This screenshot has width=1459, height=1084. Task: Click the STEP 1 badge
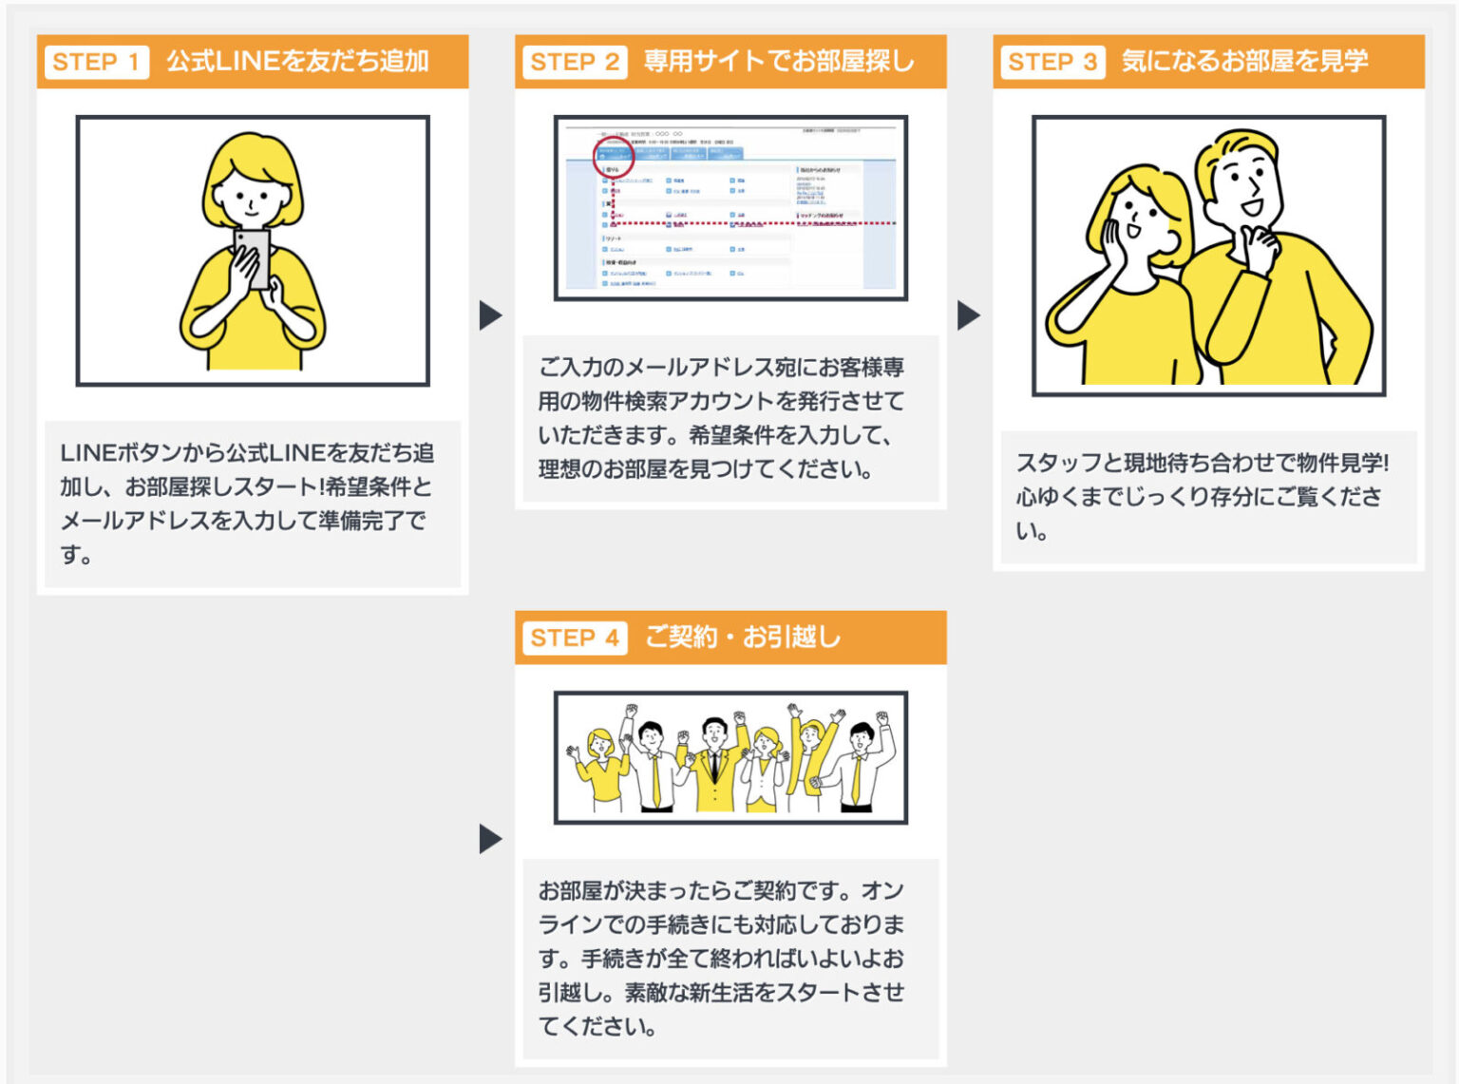[96, 63]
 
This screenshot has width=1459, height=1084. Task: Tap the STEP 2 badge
[574, 63]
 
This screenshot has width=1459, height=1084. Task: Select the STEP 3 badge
[1052, 63]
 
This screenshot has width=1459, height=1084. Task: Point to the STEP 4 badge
[574, 638]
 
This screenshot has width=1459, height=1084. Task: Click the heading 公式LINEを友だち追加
[297, 62]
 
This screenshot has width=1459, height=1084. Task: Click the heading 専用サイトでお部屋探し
[778, 62]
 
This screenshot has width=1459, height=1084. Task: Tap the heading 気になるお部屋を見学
[1243, 62]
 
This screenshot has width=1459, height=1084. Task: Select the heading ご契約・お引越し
[742, 637]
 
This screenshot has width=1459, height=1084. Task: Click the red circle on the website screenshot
[613, 158]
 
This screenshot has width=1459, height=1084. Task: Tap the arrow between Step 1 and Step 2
[490, 315]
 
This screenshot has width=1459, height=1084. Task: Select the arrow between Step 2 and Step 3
[968, 315]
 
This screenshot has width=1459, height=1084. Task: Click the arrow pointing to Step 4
[490, 839]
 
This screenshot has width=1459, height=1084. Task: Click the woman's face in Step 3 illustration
[1140, 223]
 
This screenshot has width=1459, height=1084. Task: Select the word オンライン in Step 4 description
[883, 891]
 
